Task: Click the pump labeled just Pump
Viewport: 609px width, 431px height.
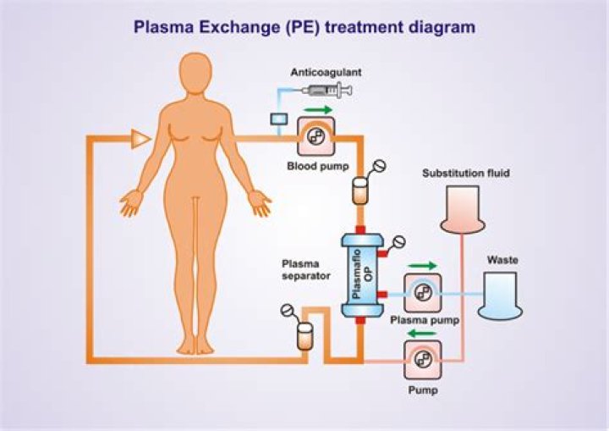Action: [420, 362]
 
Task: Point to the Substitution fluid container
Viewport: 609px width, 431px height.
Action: [461, 207]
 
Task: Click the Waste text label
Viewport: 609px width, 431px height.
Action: [507, 260]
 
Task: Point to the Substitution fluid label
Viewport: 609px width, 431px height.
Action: [466, 174]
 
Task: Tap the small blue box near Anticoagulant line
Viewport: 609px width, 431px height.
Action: [277, 119]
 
